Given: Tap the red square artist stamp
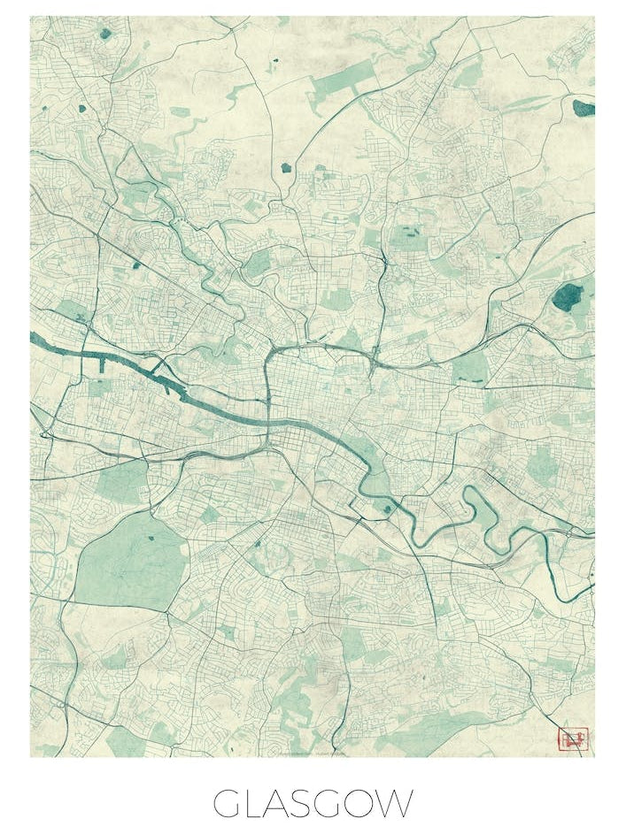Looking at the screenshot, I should (572, 738).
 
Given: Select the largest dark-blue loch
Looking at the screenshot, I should (568, 297).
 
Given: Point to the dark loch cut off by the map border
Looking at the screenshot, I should (583, 109).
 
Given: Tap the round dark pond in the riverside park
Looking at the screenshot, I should (386, 508).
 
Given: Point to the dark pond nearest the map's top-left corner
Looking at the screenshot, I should (106, 34).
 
